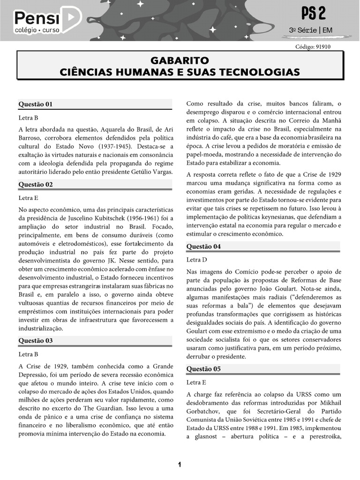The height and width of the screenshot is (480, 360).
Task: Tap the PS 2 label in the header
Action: click(x=314, y=14)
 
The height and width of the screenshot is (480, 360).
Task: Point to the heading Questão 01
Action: click(x=36, y=104)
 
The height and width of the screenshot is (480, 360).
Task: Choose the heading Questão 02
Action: click(x=36, y=185)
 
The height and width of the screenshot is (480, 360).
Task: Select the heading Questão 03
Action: click(x=36, y=341)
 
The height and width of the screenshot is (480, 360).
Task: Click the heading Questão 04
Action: click(x=203, y=247)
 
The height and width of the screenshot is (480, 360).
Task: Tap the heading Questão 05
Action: click(x=203, y=369)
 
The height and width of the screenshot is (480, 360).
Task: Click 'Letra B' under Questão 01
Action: click(x=29, y=118)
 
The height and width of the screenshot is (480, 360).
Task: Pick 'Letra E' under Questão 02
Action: click(x=29, y=198)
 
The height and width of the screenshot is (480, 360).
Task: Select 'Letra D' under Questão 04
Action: click(x=197, y=260)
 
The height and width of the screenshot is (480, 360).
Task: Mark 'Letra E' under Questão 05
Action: click(x=196, y=382)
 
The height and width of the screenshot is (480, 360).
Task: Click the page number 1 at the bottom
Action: click(x=180, y=465)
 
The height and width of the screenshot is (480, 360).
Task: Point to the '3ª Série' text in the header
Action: click(x=302, y=30)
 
